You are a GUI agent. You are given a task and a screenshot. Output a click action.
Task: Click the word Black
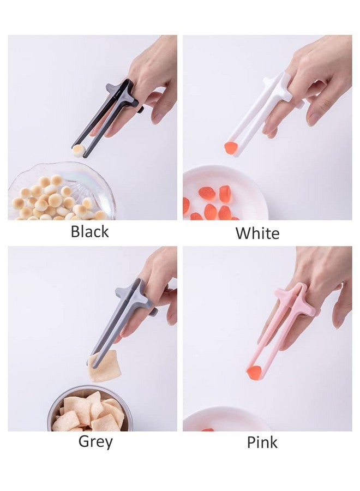[90, 232]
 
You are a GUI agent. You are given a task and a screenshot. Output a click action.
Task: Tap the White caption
[257, 233]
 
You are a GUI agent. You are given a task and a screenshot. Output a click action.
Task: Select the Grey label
[95, 442]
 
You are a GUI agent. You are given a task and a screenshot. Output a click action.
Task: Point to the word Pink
[262, 442]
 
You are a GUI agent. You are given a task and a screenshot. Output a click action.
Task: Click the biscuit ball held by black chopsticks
[77, 151]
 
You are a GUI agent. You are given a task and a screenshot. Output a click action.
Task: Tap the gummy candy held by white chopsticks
[232, 147]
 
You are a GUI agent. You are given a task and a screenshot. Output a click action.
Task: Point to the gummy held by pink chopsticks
[254, 372]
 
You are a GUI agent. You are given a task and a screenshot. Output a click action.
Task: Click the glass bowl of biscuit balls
[61, 191]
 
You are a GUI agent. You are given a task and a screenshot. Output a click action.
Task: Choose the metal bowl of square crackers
[89, 409]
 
